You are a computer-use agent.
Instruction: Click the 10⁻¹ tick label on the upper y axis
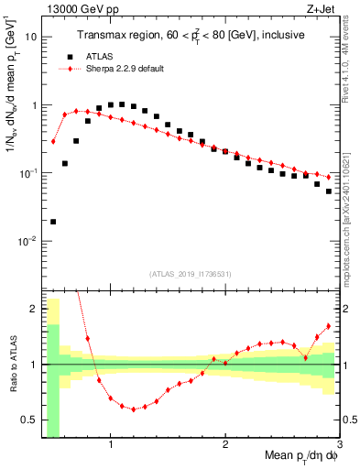coord(28,173)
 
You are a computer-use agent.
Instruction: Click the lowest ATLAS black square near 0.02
coord(53,222)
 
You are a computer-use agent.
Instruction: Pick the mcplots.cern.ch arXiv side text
coord(350,211)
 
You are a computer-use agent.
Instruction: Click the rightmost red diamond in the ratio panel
coord(329,326)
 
